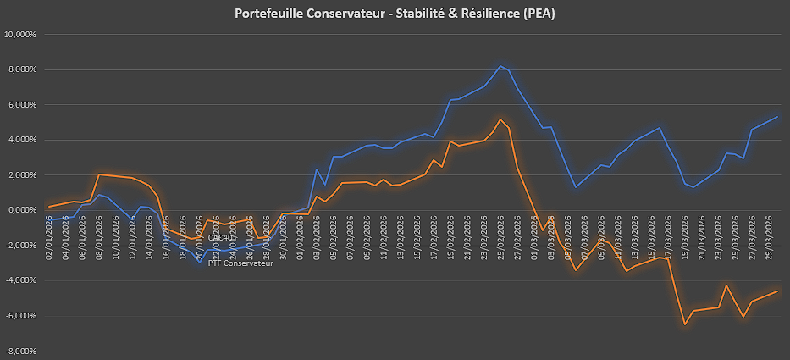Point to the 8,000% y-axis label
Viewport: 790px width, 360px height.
(22, 69)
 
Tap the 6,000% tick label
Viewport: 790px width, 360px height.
(22, 105)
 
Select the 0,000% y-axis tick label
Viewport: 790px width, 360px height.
(22, 210)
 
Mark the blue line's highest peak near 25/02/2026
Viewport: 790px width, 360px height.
(500, 66)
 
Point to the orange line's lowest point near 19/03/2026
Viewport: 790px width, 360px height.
(685, 324)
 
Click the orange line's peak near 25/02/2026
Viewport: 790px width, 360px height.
(500, 119)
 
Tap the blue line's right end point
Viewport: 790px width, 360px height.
(777, 117)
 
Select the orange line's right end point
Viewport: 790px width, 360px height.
(777, 291)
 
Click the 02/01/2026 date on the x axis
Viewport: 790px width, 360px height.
(51, 230)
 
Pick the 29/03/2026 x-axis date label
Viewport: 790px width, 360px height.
(769, 230)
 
